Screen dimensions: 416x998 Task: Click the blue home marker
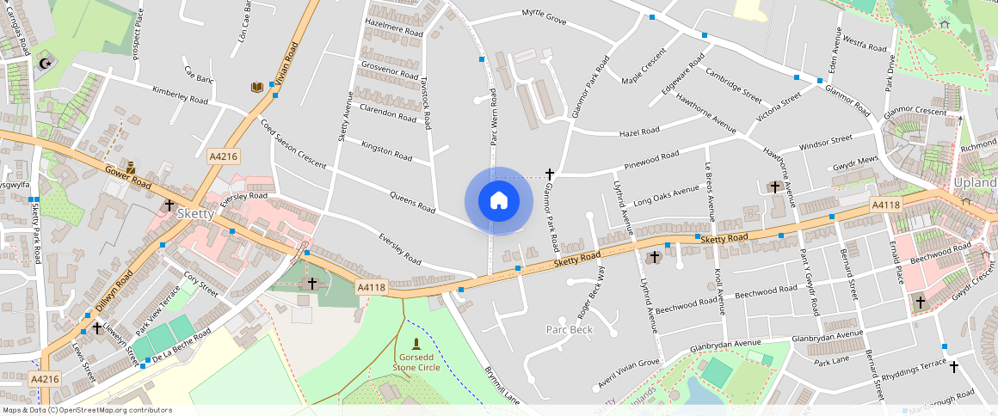498,200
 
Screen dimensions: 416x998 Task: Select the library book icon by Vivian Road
256,87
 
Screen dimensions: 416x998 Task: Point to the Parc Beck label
570,330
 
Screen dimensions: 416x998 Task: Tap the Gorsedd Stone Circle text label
416,362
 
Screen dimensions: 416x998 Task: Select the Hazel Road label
639,132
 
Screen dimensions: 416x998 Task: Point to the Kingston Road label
387,150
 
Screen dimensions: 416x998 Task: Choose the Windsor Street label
825,142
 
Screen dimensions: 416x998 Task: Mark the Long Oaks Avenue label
666,197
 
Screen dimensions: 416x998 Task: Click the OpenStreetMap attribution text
86,410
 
